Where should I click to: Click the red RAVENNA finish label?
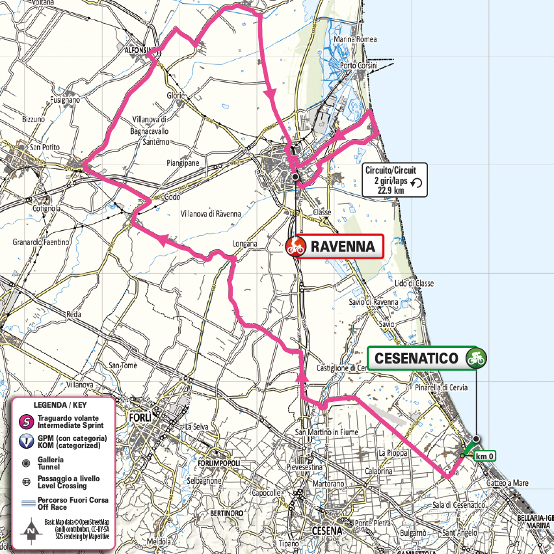(x=343, y=246)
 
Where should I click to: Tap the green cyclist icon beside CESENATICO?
(x=476, y=358)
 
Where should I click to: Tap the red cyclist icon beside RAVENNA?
(x=296, y=246)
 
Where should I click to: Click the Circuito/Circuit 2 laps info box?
(x=395, y=179)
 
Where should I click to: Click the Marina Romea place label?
(x=354, y=40)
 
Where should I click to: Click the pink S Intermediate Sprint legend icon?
(x=25, y=422)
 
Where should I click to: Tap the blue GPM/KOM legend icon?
(x=25, y=442)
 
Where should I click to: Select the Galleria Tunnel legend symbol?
(x=25, y=462)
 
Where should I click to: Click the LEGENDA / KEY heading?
(x=64, y=404)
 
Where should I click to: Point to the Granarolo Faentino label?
(x=40, y=242)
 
